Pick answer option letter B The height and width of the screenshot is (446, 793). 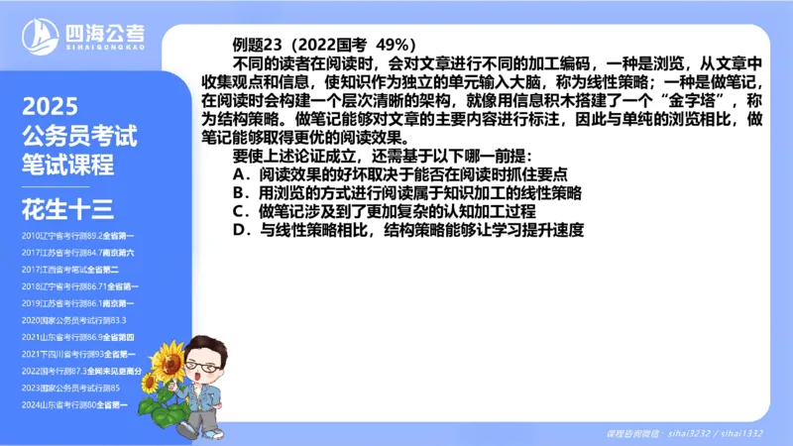coord(239,192)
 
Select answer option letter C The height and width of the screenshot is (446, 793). coord(239,211)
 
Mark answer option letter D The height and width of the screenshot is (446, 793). coord(239,230)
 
